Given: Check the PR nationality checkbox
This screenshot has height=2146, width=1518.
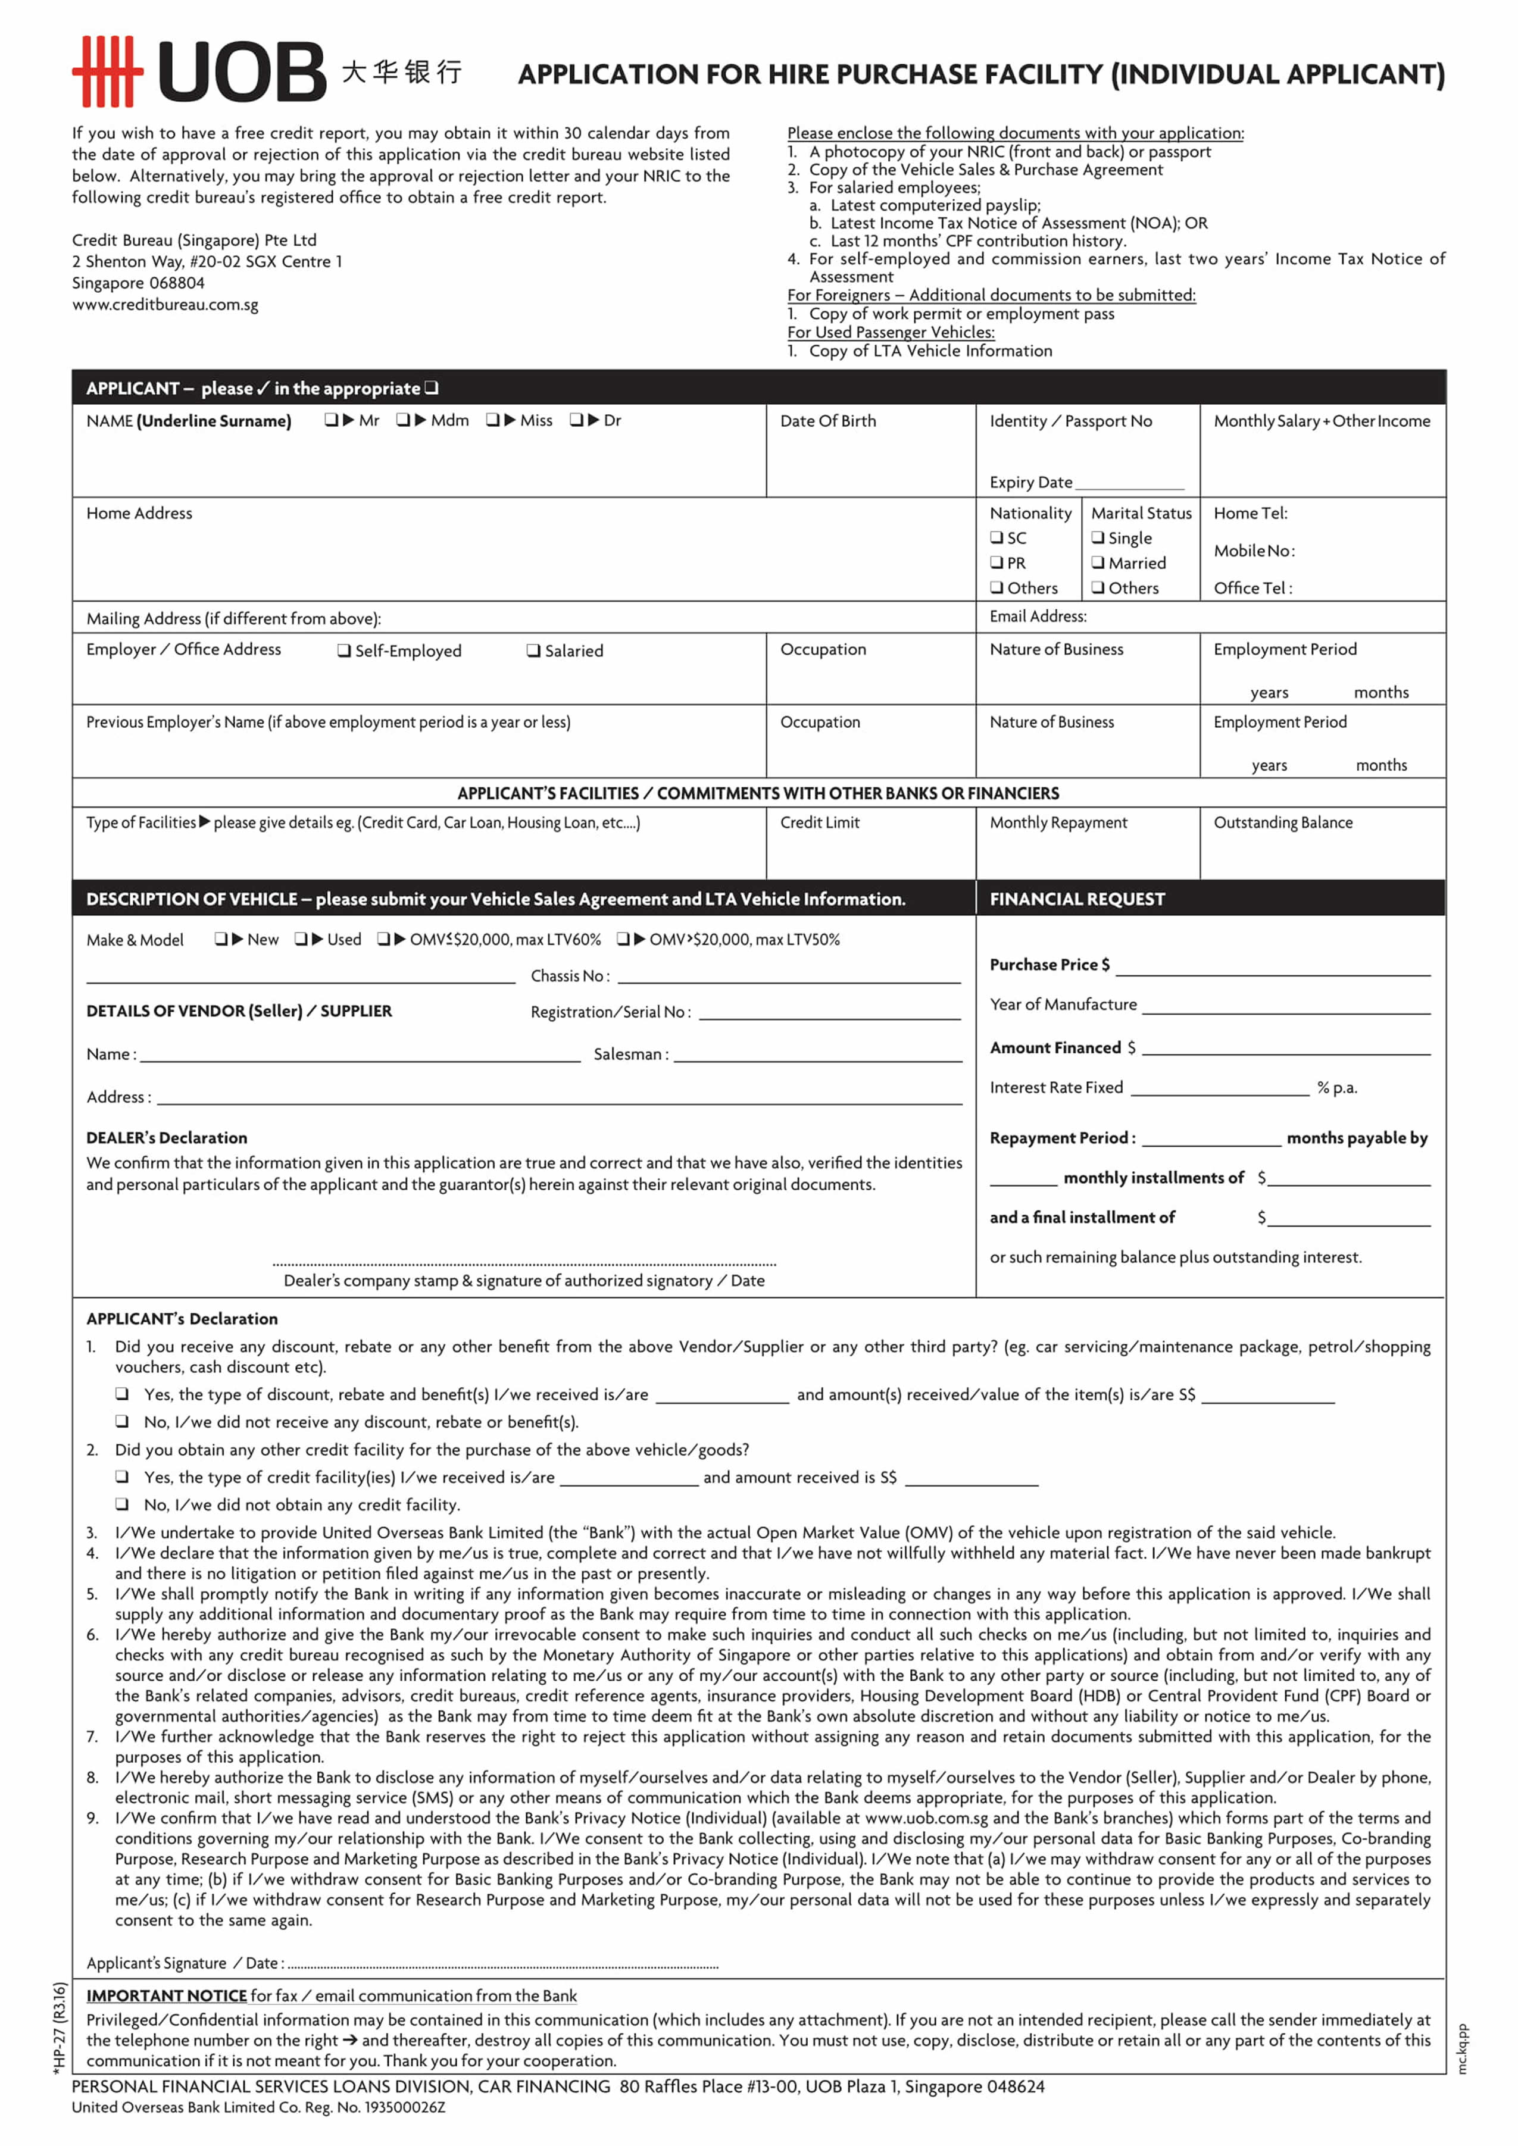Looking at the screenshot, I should tap(997, 562).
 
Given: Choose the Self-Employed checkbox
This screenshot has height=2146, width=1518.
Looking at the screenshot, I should tap(344, 650).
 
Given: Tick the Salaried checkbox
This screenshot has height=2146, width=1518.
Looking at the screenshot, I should tap(533, 650).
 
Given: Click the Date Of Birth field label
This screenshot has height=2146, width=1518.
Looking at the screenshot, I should tap(827, 421).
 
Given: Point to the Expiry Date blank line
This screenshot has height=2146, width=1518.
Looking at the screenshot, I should tap(1129, 484).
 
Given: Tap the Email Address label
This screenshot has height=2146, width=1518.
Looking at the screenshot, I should tap(1038, 616).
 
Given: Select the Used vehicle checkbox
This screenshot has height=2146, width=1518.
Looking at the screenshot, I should tap(301, 939).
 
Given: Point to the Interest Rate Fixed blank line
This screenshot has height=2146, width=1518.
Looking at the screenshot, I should tap(1219, 1091).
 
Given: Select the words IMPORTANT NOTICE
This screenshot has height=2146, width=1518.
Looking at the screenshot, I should tap(166, 1995).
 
